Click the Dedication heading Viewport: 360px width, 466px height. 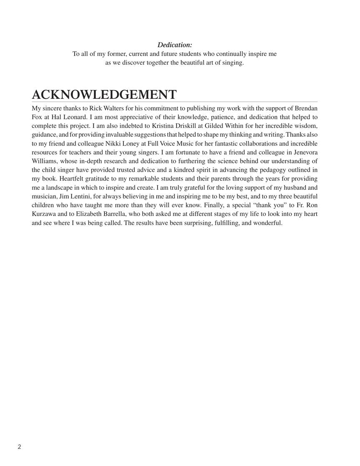click(175, 45)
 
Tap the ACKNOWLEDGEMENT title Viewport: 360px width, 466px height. click(104, 94)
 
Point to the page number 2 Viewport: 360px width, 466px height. click(20, 447)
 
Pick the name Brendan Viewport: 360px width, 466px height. click(306, 108)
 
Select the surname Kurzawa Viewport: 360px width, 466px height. click(44, 214)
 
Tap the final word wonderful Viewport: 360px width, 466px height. click(267, 223)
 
